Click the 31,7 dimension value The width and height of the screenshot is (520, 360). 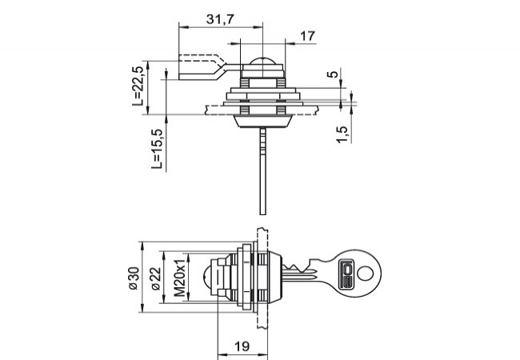tap(219, 20)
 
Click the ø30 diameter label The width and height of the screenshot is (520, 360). tap(133, 277)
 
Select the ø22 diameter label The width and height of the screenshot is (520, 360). tap(156, 277)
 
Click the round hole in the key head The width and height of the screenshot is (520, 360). tap(366, 274)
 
